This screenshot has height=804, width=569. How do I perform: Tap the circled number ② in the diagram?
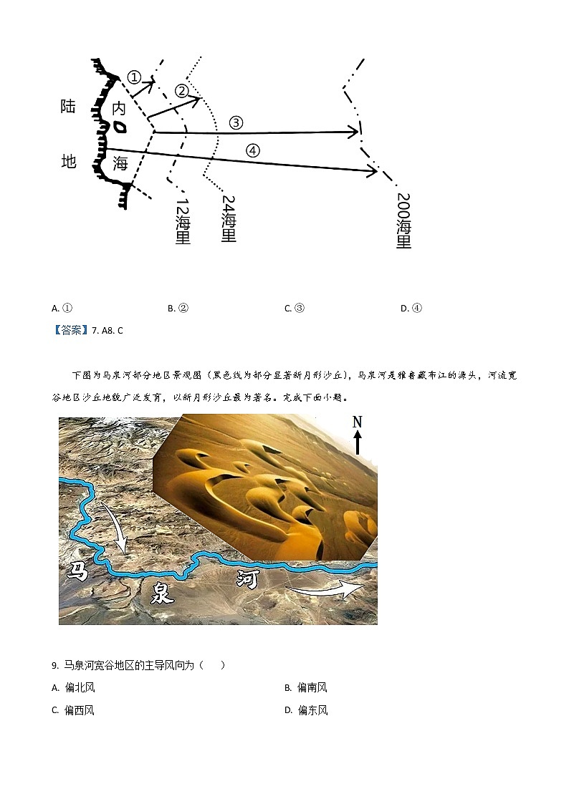coord(181,91)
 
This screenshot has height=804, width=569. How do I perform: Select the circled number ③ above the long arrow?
coord(236,122)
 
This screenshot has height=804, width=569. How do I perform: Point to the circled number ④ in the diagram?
coord(252,150)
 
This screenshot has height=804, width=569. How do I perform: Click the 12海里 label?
coord(183,222)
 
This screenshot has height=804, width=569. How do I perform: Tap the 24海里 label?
coord(229,218)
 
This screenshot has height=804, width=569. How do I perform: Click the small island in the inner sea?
coord(120,128)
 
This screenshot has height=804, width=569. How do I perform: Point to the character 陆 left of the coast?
coord(68,107)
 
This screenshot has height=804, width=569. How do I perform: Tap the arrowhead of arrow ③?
coord(354,132)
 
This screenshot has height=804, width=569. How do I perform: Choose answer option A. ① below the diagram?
coord(62,309)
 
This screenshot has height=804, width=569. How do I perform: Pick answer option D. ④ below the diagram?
coord(411,309)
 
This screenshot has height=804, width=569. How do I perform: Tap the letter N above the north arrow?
coord(357,422)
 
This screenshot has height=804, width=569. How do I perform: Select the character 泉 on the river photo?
coord(162,591)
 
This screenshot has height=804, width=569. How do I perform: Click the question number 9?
coord(54,665)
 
